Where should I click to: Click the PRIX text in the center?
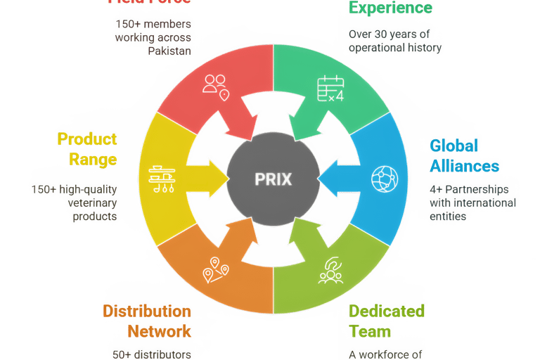pyautogui.click(x=273, y=179)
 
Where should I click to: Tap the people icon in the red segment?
pyautogui.click(x=215, y=86)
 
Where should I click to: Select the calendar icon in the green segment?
pyautogui.click(x=330, y=88)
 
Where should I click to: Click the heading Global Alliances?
pyautogui.click(x=464, y=155)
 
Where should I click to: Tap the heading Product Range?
pyautogui.click(x=86, y=148)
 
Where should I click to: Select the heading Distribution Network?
pyautogui.click(x=146, y=320)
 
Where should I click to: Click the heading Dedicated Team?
pyautogui.click(x=387, y=320)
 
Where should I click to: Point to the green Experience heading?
pyautogui.click(x=391, y=8)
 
